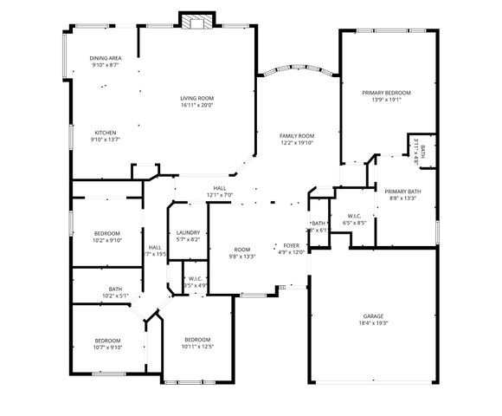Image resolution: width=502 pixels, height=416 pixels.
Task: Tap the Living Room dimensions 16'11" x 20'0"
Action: click(x=196, y=106)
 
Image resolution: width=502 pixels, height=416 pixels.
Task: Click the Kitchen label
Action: click(x=105, y=132)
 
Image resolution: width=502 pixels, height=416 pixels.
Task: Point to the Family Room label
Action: click(x=296, y=136)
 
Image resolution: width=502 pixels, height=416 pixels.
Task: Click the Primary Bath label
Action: click(x=402, y=191)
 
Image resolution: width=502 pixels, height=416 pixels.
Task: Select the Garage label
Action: click(x=374, y=315)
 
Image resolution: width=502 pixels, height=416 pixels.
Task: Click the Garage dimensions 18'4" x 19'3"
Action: click(x=374, y=323)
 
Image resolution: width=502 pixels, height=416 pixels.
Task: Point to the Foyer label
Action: click(x=293, y=245)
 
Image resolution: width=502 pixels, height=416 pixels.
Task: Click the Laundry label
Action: click(x=188, y=232)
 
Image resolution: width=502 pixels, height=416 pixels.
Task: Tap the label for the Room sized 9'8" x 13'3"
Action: click(x=241, y=250)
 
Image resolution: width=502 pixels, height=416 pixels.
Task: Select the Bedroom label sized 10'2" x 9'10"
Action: click(x=108, y=232)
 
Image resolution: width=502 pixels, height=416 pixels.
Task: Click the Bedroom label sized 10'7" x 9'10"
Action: click(x=108, y=340)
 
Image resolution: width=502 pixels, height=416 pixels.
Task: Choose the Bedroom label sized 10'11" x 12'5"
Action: click(x=196, y=340)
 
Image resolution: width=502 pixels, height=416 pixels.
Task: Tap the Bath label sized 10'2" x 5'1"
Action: click(x=115, y=289)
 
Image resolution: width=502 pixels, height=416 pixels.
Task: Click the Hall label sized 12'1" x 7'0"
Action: click(x=220, y=188)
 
